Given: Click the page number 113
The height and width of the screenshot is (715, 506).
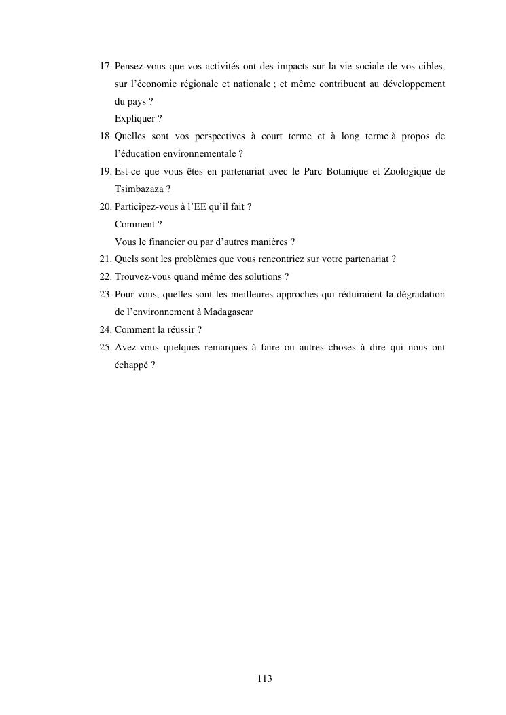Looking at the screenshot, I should pyautogui.click(x=265, y=678).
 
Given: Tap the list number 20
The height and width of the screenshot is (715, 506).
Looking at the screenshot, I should pyautogui.click(x=105, y=206).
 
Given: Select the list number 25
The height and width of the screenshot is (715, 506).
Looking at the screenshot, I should pyautogui.click(x=105, y=347).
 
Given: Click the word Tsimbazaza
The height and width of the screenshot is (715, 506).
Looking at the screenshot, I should pyautogui.click(x=139, y=189).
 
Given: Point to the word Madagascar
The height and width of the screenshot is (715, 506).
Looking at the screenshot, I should pyautogui.click(x=225, y=312).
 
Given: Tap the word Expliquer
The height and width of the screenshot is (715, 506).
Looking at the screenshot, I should pyautogui.click(x=134, y=118).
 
